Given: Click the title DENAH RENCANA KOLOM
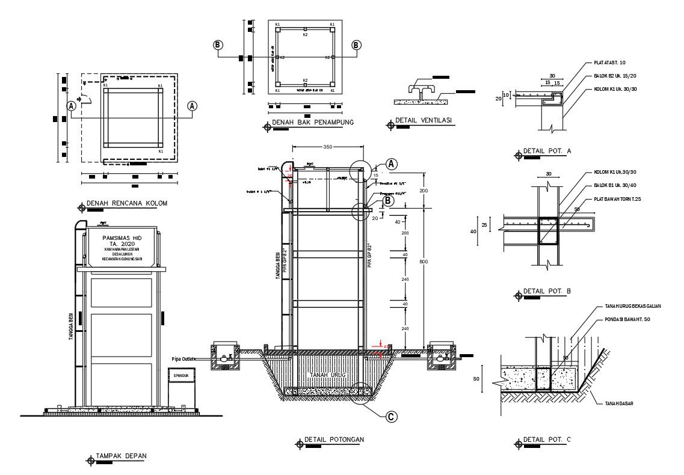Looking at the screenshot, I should coord(126,203).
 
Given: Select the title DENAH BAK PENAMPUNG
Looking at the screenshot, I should coord(312,123).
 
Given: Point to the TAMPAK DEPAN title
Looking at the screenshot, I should coord(120,456).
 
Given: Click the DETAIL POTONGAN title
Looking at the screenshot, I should coord(334,440).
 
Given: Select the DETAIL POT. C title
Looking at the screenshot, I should coord(547,440).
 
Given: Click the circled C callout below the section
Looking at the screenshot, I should coord(391,416).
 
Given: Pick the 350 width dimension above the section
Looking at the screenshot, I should coord(327,147).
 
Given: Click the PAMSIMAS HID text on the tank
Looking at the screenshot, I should coord(121,238).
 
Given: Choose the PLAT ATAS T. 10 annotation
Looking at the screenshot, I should coord(609,63).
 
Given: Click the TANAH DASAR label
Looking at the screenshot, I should coord(618,403).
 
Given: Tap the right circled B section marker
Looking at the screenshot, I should coord(356,45).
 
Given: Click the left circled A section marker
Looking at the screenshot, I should coord(71,106).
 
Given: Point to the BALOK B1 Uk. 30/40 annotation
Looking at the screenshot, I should coord(615,186).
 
